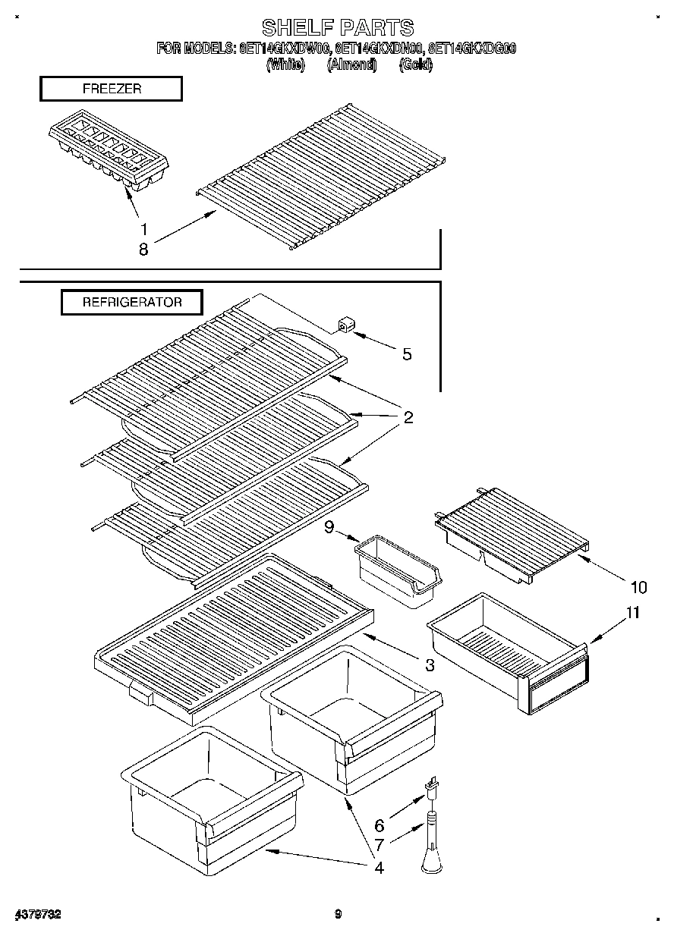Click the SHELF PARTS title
[x=337, y=27]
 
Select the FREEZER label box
[x=111, y=89]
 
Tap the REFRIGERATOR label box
[x=132, y=302]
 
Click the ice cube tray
[x=108, y=154]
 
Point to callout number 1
[x=143, y=228]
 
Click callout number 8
[x=143, y=249]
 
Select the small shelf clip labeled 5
[x=346, y=326]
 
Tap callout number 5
[x=407, y=353]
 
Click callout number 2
[x=408, y=417]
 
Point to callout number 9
[x=329, y=526]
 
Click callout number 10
[x=638, y=586]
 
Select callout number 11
[x=632, y=613]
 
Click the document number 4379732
[x=37, y=914]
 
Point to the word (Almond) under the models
[x=351, y=65]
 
